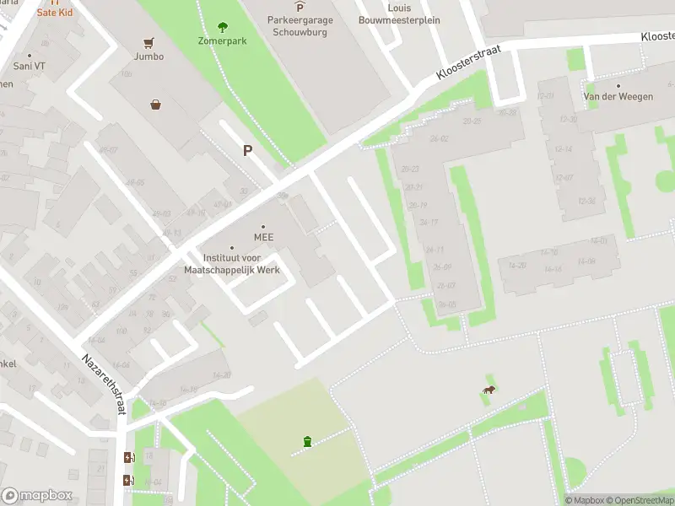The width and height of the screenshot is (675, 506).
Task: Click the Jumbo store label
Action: [x=148, y=57]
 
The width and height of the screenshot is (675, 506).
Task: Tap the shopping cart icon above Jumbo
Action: [x=149, y=42]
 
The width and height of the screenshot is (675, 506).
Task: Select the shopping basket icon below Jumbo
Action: [x=156, y=105]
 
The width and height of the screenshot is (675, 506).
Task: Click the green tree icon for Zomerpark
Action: [x=223, y=27]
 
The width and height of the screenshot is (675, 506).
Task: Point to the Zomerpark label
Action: [x=223, y=40]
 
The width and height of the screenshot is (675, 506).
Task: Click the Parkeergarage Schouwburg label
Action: [x=300, y=26]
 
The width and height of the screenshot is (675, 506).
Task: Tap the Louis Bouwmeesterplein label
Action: [x=399, y=14]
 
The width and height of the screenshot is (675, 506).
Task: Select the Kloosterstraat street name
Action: [x=468, y=63]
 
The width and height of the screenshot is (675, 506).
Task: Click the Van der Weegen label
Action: [x=618, y=97]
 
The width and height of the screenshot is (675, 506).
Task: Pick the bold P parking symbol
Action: [x=247, y=151]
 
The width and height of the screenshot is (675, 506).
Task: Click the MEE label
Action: [x=264, y=238]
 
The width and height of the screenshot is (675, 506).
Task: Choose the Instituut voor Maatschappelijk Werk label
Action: [x=232, y=264]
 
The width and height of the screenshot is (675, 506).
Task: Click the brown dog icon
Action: [x=489, y=390]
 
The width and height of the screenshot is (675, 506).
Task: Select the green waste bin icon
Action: [x=307, y=441]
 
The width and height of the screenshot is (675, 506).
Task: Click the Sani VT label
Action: [x=29, y=66]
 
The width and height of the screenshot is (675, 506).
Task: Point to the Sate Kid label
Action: [x=54, y=13]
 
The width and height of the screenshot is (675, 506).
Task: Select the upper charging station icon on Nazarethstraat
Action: [x=128, y=458]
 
